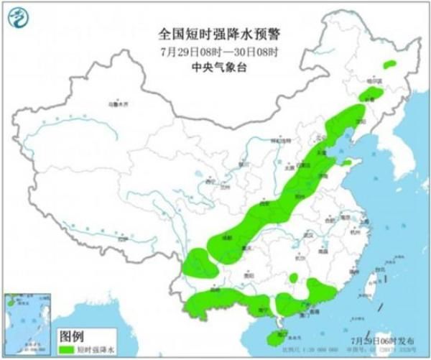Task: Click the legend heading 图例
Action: click(71, 336)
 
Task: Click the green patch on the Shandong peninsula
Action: click(348, 164)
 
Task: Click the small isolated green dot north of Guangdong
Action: click(293, 278)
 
